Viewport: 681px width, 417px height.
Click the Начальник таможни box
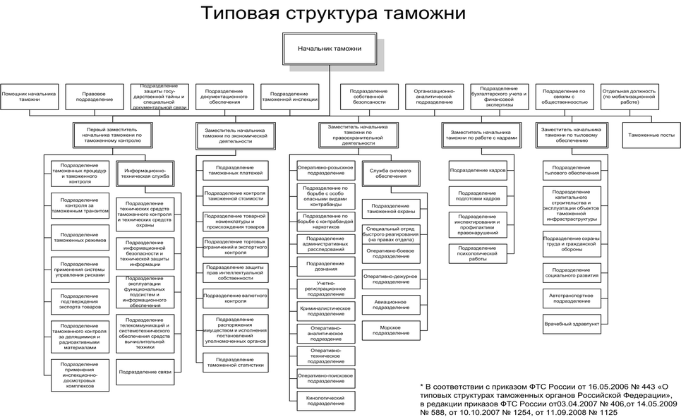pyautogui.click(x=328, y=49)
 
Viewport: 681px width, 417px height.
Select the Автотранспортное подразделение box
pyautogui.click(x=571, y=297)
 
